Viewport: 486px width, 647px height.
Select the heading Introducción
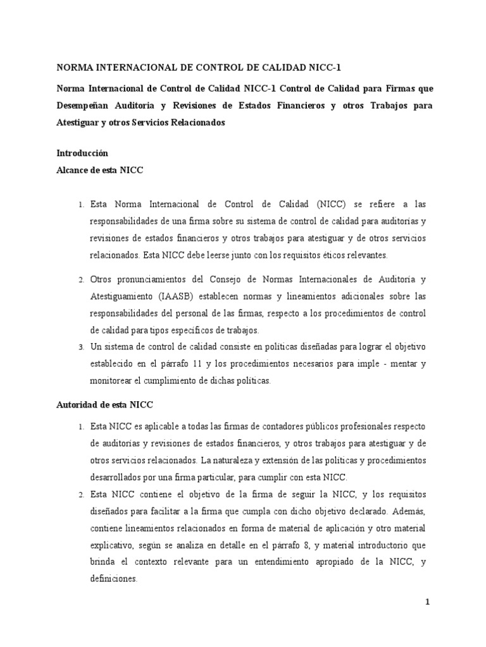pos(82,153)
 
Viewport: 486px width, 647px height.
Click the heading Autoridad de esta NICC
pos(106,404)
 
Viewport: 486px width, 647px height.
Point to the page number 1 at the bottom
pos(428,603)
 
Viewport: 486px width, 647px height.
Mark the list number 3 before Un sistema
pos(81,347)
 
